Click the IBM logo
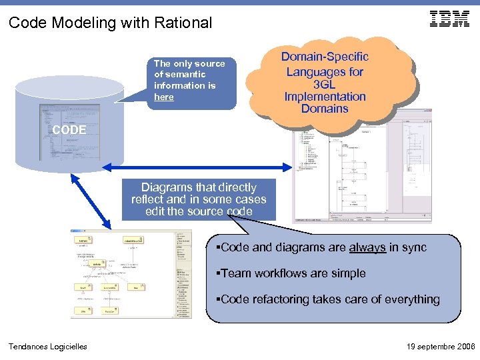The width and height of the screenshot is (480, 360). pos(449,19)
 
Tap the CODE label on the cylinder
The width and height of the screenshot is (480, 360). pos(69,130)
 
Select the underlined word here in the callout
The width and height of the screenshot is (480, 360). pos(163,97)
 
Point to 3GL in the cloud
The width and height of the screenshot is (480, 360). pos(325,84)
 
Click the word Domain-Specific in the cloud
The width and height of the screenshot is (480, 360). pos(325,57)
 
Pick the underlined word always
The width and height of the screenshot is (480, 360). pos(367,247)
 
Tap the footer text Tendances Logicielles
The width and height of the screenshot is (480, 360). pos(47,346)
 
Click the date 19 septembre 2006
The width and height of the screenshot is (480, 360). pos(439,347)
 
